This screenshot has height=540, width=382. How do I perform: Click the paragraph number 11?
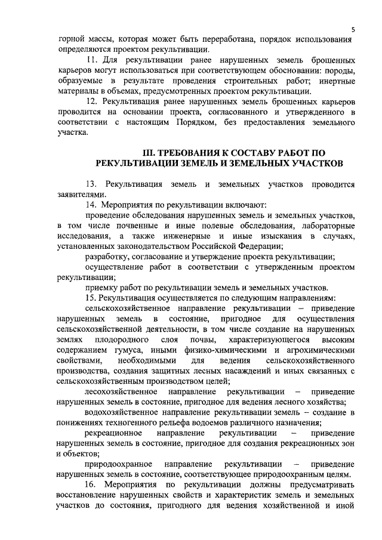pyautogui.click(x=91, y=61)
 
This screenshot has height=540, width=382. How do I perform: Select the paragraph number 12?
pyautogui.click(x=91, y=102)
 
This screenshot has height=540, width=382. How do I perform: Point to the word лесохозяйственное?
pyautogui.click(x=121, y=391)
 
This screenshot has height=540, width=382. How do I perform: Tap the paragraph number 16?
pyautogui.click(x=91, y=485)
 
